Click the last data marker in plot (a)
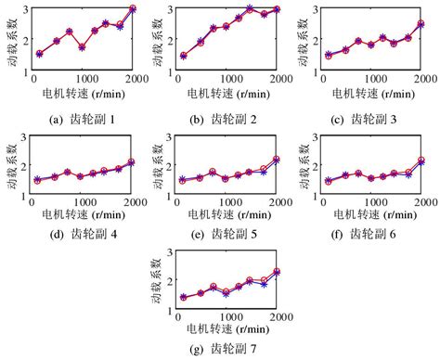[x=132, y=8]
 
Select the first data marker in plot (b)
[x=184, y=55]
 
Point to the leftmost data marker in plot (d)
[x=38, y=180]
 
